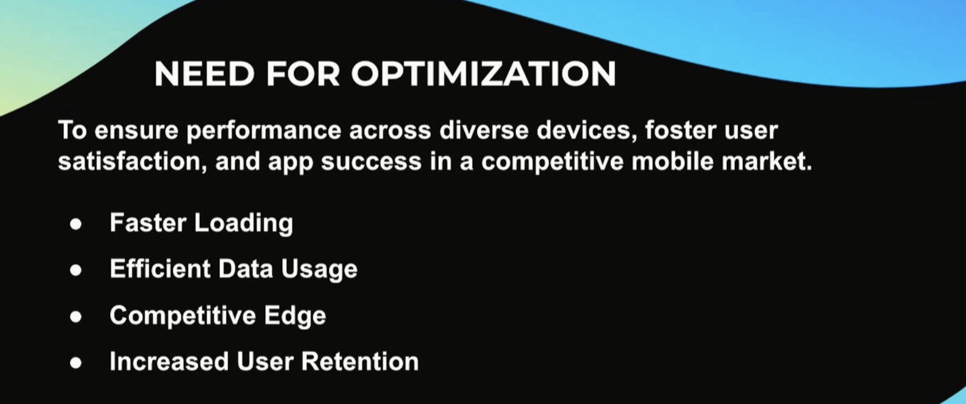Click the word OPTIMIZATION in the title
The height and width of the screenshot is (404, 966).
click(483, 74)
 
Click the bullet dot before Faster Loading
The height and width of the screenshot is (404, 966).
click(76, 224)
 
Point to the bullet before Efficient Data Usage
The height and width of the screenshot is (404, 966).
click(76, 271)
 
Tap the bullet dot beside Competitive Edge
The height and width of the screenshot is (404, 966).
click(76, 316)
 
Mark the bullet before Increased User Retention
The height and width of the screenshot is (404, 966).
click(76, 363)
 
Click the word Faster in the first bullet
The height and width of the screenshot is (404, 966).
click(148, 223)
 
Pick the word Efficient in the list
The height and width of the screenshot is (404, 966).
click(160, 269)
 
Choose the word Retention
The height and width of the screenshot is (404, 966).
click(360, 362)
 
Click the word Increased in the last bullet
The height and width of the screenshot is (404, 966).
click(169, 362)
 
